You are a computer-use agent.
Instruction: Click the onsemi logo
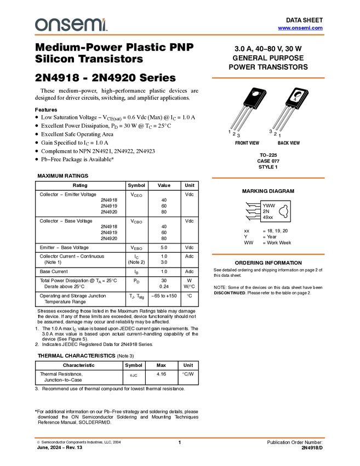(x=71, y=25)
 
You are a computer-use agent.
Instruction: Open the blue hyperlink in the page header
(x=300, y=28)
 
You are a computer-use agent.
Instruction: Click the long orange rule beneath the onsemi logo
(x=180, y=35)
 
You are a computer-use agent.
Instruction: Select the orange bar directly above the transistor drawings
(x=268, y=78)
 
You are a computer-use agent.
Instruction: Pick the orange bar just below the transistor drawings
(x=268, y=178)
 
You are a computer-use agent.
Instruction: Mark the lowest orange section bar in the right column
(x=268, y=254)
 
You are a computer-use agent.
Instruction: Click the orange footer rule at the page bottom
(x=180, y=437)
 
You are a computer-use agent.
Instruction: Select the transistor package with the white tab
(x=289, y=110)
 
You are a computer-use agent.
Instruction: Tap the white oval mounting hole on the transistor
(x=256, y=93)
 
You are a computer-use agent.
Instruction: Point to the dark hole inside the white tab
(x=298, y=94)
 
